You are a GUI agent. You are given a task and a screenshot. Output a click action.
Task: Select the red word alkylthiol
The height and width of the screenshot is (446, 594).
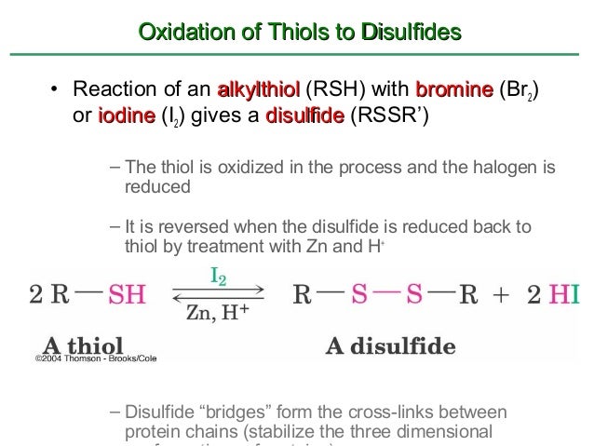(258, 91)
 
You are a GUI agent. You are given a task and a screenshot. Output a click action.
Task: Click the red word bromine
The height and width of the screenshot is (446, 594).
(453, 91)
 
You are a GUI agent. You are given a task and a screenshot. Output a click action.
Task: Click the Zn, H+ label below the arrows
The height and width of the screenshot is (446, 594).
(217, 314)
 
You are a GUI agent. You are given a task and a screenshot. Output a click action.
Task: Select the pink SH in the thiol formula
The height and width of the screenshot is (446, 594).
(127, 295)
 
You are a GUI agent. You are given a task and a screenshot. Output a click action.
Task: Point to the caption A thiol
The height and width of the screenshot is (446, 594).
(71, 345)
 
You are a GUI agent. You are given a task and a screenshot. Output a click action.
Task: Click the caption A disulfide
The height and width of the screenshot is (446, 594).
(390, 346)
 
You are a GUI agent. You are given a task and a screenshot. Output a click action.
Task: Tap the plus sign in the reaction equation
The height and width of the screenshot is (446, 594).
(500, 295)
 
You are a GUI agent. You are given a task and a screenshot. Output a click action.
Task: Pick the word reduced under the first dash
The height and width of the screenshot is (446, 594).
(157, 186)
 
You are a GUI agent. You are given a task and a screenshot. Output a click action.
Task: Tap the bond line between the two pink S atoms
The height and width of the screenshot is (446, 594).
(387, 291)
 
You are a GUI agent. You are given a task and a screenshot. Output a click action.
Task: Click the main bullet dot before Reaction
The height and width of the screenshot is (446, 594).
(55, 91)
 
